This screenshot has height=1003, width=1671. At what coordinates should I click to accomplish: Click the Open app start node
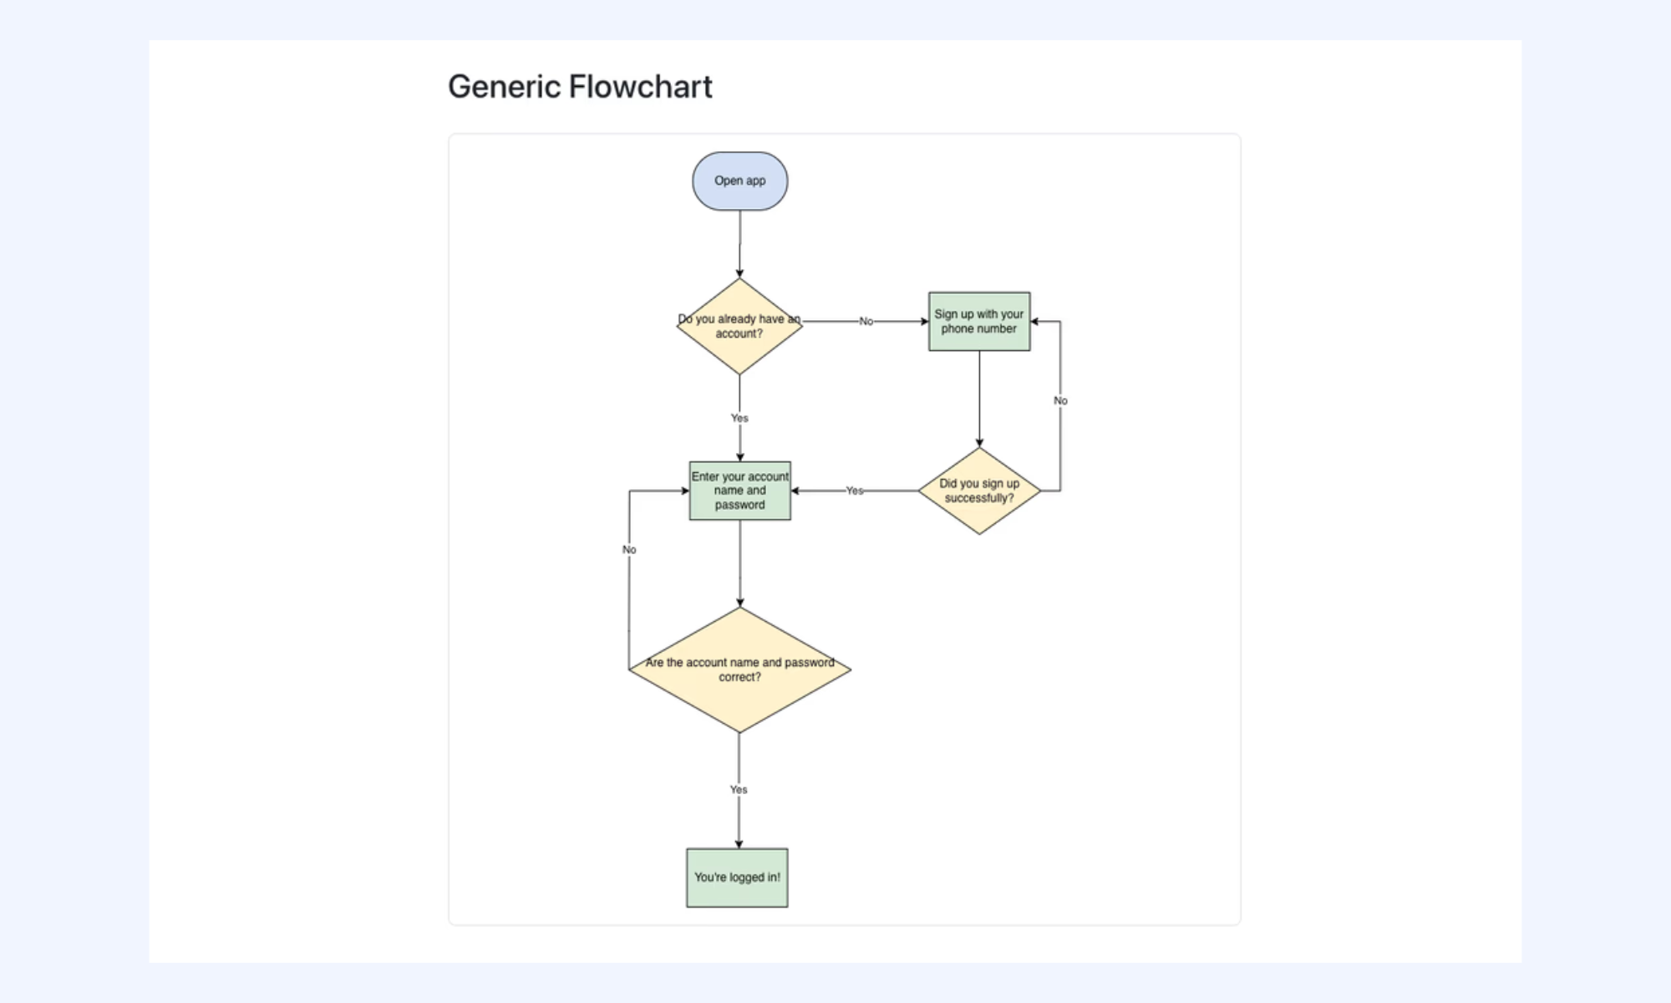[x=739, y=181]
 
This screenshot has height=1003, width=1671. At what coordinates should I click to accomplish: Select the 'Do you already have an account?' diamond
[x=739, y=326]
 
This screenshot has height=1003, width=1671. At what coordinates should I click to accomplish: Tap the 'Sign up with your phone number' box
[x=979, y=321]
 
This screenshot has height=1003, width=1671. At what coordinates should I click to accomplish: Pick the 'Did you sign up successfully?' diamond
[x=979, y=491]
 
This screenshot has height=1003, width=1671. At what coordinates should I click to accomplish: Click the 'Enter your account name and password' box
[x=739, y=491]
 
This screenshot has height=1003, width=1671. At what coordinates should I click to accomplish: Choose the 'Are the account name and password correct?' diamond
[x=739, y=670]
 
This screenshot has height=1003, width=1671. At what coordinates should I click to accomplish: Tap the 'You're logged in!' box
[x=737, y=878]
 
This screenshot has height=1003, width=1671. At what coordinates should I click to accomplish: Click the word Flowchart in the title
[x=640, y=87]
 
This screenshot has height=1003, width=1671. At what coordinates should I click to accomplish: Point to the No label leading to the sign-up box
[x=866, y=321]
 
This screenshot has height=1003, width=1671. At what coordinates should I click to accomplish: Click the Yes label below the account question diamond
[x=739, y=418]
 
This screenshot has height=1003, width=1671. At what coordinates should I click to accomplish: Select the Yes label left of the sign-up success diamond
[x=854, y=491]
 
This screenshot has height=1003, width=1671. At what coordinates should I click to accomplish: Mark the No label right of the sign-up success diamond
[x=1060, y=400]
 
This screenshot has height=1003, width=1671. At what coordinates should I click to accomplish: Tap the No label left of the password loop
[x=629, y=549]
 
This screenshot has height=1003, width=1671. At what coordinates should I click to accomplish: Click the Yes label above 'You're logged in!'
[x=739, y=789]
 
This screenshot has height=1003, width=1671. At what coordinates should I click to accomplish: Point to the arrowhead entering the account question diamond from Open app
[x=739, y=273]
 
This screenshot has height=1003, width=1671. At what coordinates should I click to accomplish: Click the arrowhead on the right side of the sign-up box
[x=1035, y=321]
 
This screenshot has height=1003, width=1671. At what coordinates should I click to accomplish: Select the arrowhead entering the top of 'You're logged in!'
[x=739, y=844]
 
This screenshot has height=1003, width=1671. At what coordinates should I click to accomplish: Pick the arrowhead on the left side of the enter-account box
[x=684, y=491]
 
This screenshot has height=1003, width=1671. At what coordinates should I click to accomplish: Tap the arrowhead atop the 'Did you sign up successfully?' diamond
[x=979, y=442]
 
